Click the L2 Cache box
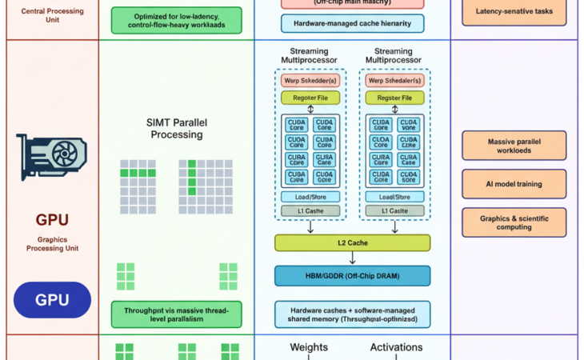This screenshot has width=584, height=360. pos(352,242)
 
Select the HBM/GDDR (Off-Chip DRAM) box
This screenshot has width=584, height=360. pos(352,276)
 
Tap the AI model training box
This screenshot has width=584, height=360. pos(514,184)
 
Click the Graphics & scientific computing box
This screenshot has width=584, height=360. pos(514,222)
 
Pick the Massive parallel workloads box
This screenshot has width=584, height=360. pos(514,146)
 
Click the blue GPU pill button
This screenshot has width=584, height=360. pos(53,301)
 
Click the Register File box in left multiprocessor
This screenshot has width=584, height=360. pos(310,98)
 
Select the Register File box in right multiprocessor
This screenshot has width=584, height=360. pos(394,98)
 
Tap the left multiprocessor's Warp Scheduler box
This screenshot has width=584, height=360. pos(310,81)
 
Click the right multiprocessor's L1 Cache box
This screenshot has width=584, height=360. pos(394,210)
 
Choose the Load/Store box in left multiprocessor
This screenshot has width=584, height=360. pos(310,196)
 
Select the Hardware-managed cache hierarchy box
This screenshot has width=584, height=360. pos(352,24)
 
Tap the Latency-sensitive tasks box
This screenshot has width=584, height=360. pos(514,12)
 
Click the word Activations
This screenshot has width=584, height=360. pos(395,347)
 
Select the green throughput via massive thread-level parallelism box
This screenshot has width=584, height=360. pos(177,314)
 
